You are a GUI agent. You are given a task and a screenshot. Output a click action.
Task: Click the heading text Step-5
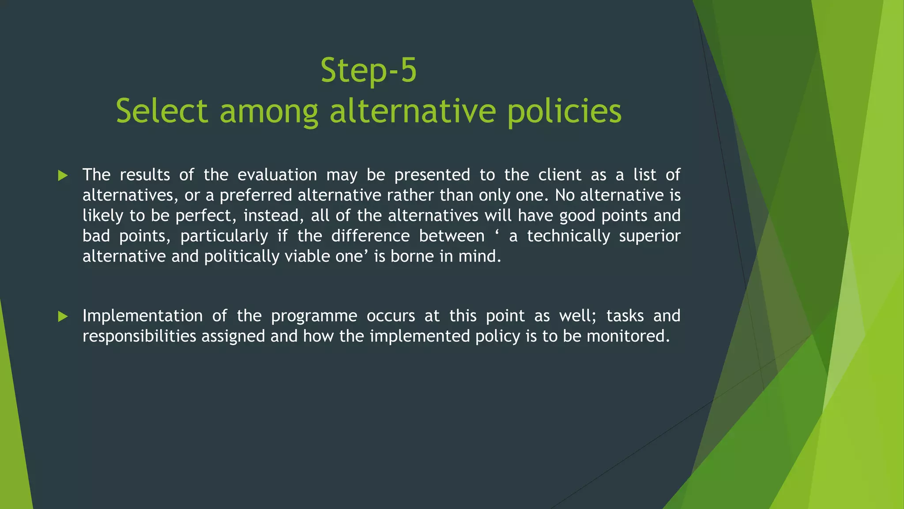[369, 71]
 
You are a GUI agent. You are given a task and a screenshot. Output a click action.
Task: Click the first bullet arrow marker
[63, 176]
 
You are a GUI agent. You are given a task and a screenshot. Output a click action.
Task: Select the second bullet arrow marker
[63, 316]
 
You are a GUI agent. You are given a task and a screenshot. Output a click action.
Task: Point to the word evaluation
[277, 175]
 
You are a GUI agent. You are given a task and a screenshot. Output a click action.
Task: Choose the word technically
[568, 236]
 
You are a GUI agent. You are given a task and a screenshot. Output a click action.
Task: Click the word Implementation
[143, 316]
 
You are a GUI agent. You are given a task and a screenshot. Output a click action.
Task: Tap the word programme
[314, 316]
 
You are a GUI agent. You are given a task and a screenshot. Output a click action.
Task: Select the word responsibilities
[139, 337]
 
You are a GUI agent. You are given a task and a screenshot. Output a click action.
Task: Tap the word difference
[370, 236]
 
